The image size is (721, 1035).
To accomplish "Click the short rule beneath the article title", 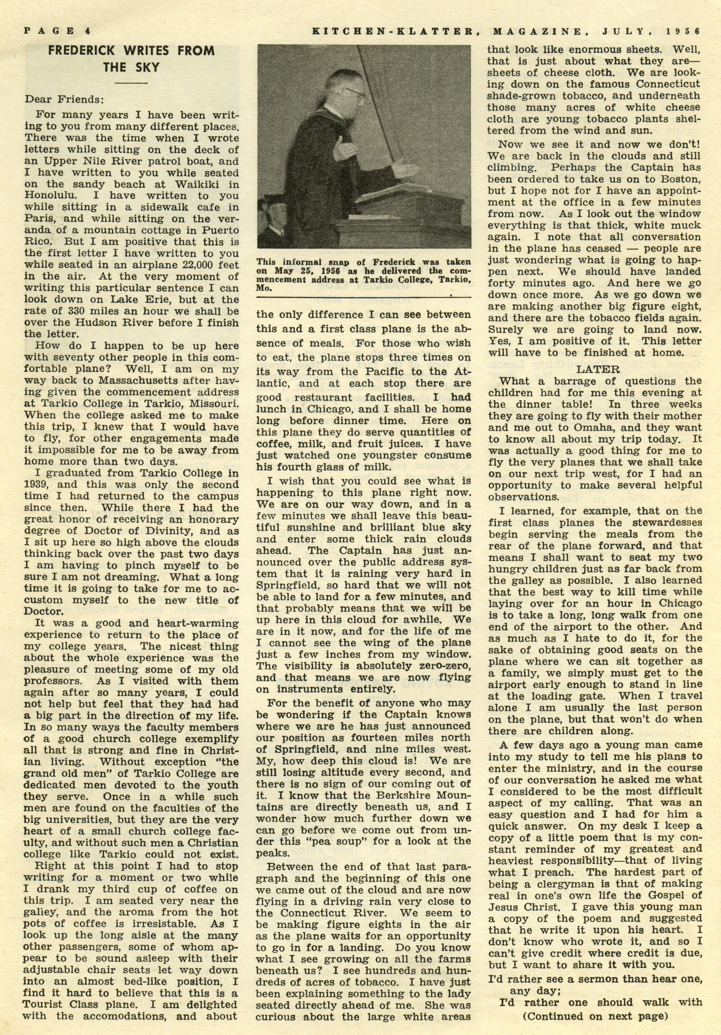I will tap(131, 83).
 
